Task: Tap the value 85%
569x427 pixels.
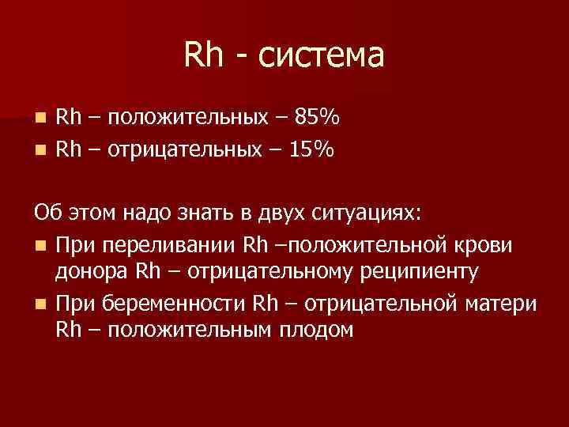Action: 317,118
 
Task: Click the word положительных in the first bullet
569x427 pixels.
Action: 187,119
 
